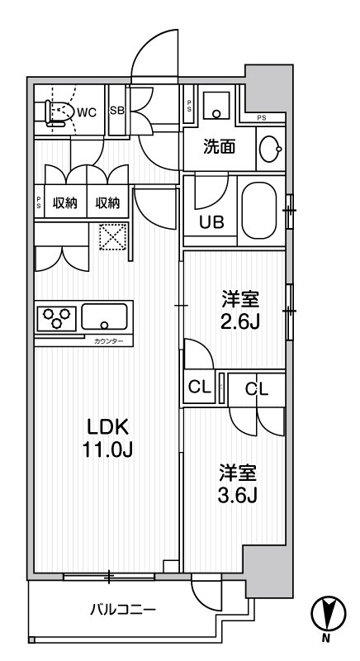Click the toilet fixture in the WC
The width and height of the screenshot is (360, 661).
coord(57,110)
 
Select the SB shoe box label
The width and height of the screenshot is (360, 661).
coord(117,111)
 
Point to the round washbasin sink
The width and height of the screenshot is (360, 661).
coord(269,149)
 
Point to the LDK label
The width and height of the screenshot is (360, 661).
coord(108,427)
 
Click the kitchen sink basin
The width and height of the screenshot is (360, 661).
coord(104,316)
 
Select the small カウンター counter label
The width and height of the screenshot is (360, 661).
coord(107,340)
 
